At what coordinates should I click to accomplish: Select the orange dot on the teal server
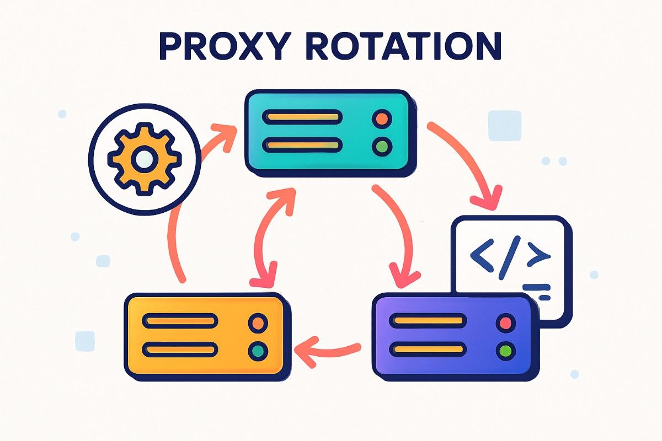coord(382,118)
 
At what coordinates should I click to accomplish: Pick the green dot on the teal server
coord(382,146)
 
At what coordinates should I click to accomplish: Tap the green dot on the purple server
coord(505,349)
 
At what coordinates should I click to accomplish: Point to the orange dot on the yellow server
coord(258,322)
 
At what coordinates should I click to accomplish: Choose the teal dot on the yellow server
coord(258,350)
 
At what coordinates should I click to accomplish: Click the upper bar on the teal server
coord(302,117)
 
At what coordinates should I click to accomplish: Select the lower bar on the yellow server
coord(179,349)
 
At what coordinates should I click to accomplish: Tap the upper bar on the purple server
coord(426,321)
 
